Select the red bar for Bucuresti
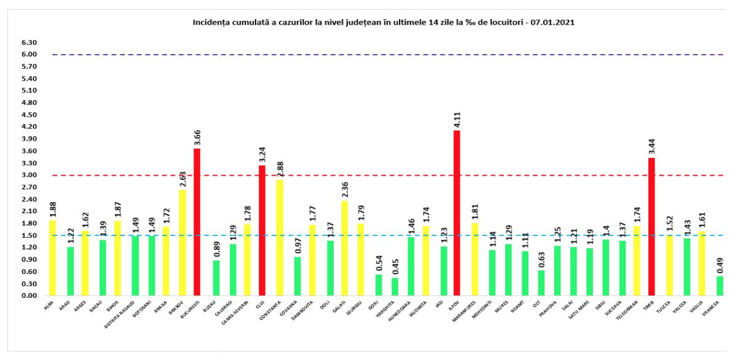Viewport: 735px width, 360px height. pyautogui.click(x=197, y=222)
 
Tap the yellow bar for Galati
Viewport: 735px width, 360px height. pyautogui.click(x=344, y=248)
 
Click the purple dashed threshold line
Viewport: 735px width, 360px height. pyautogui.click(x=369, y=55)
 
